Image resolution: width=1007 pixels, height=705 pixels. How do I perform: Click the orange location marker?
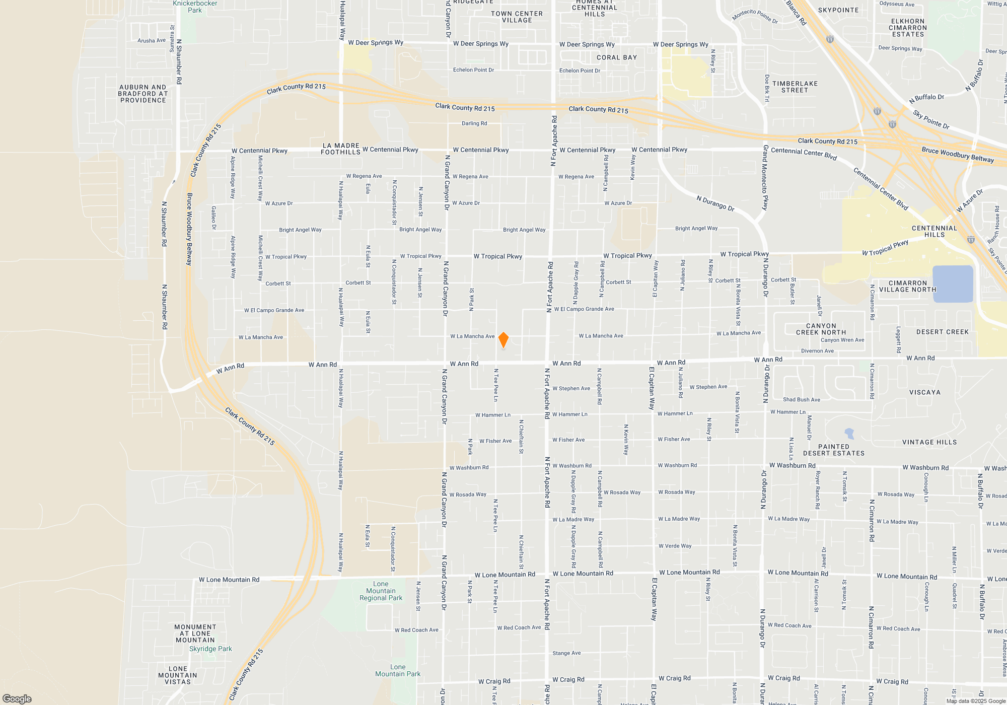(503, 340)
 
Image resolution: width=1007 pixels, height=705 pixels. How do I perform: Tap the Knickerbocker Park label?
(195, 7)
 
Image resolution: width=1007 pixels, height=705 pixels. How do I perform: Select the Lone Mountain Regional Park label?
(381, 591)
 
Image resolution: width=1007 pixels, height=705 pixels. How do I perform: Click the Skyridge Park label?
(210, 649)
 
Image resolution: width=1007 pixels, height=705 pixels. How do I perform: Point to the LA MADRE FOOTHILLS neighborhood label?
(341, 149)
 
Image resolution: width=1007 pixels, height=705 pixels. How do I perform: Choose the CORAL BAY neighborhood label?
(617, 57)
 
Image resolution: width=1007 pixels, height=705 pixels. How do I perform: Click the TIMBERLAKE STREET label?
(795, 87)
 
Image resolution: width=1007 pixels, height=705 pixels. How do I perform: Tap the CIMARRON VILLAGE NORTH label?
(907, 286)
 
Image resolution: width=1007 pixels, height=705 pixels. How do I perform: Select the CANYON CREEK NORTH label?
(821, 329)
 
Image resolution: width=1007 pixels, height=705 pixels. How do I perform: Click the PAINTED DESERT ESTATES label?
(834, 450)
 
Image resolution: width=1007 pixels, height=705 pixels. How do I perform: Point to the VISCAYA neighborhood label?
(925, 392)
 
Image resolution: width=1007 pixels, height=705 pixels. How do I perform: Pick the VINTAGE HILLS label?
(929, 442)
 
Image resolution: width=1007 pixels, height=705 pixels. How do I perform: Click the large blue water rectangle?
(953, 284)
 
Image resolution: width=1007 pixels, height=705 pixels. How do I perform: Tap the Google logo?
(17, 699)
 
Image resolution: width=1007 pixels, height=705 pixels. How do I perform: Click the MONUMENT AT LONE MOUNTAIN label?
(195, 633)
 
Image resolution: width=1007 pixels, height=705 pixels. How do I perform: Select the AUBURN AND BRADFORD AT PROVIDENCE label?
(143, 94)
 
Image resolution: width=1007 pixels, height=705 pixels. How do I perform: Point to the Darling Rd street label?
(474, 123)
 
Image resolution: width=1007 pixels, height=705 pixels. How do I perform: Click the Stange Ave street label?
(566, 653)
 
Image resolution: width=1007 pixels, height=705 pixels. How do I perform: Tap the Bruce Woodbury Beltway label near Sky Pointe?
(958, 155)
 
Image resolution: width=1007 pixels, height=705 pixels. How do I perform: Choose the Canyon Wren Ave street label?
(842, 340)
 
